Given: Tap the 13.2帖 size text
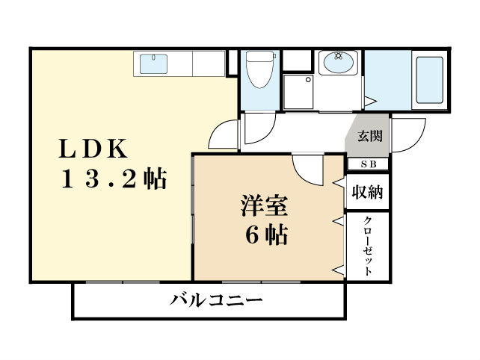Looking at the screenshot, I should [114, 180].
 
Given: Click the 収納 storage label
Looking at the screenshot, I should [367, 193].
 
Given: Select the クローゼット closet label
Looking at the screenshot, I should [369, 246].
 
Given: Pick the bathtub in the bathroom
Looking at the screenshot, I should [429, 79].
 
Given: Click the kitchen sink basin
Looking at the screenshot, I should [154, 64].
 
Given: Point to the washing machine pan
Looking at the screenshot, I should [300, 91].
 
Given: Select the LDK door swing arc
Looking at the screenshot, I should [223, 135].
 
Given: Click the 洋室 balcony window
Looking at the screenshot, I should [262, 282].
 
